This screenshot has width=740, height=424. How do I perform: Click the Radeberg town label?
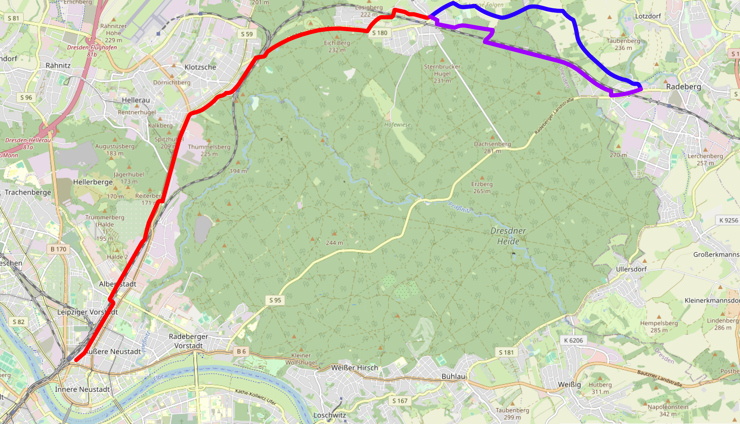click(x=683, y=87)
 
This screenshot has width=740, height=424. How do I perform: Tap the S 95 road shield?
click(x=275, y=300)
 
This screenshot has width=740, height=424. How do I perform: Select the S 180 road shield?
click(x=380, y=33)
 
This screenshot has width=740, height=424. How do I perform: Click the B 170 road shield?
click(x=58, y=249)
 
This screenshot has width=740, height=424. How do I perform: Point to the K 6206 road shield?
click(x=573, y=340)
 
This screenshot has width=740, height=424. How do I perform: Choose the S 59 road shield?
click(x=247, y=34)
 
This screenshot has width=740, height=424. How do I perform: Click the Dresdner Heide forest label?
click(x=508, y=236)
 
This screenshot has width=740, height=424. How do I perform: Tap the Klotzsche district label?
click(x=200, y=67)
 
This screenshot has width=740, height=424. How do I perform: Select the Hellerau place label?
click(x=136, y=100)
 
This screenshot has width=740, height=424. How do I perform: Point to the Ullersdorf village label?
click(x=631, y=269)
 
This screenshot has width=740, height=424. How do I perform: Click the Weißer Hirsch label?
click(x=355, y=368)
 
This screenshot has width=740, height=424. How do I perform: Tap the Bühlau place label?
click(x=453, y=376)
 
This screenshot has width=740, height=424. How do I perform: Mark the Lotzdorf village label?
click(x=648, y=16)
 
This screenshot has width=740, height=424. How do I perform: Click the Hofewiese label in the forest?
click(x=397, y=125)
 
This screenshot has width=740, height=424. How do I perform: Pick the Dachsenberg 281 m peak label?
click(x=492, y=147)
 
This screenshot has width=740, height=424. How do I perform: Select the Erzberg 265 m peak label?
click(x=482, y=187)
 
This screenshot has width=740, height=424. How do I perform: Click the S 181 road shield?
click(x=506, y=352)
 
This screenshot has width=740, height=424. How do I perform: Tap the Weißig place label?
click(x=569, y=384)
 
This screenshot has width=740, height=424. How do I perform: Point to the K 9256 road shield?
click(x=728, y=220)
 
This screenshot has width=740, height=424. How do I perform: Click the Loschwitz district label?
click(x=330, y=415)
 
